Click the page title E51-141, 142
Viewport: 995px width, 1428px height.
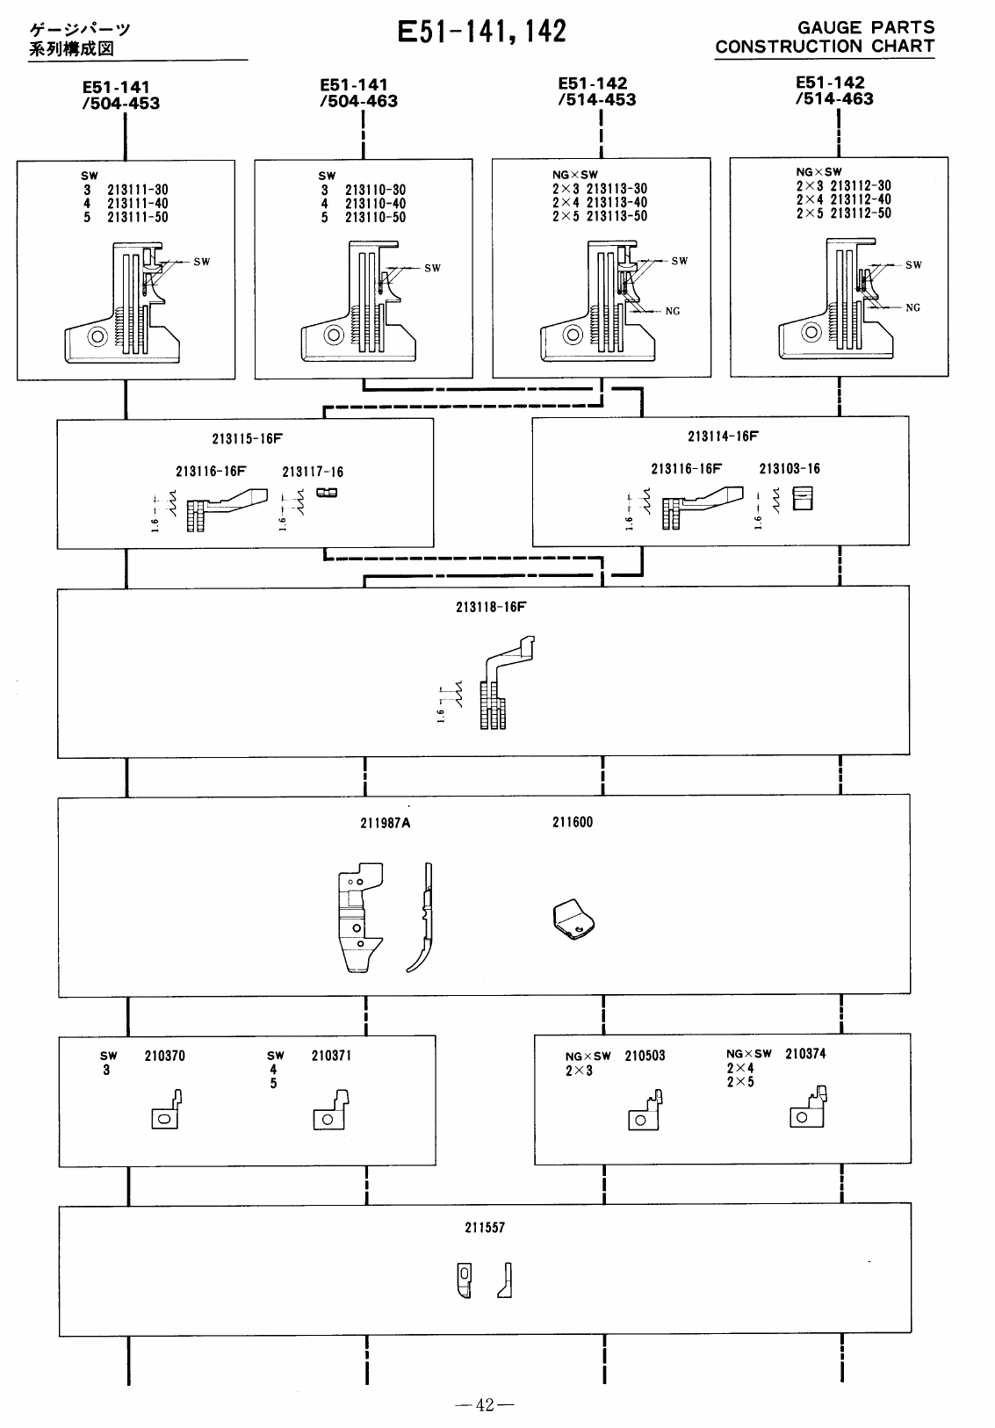pos(481,32)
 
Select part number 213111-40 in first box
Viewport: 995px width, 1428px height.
pos(137,204)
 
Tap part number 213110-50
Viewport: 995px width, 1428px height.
pos(375,218)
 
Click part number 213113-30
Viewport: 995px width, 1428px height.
pos(616,189)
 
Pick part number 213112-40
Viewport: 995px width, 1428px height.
pos(860,199)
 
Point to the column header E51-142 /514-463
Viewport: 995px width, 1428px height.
pos(833,91)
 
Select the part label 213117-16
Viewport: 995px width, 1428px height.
pos(313,472)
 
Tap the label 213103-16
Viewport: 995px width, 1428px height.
pos(790,469)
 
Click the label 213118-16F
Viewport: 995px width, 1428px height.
pos(491,607)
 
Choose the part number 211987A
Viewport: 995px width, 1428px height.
pos(386,823)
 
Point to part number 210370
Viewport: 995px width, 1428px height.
pos(165,1057)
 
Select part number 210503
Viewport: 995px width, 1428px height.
pos(645,1057)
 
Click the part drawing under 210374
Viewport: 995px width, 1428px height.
pos(809,1107)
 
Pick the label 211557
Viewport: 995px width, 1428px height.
pos(485,1228)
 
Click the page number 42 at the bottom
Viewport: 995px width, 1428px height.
pos(485,1405)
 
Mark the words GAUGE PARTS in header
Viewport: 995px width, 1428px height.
pos(866,28)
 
